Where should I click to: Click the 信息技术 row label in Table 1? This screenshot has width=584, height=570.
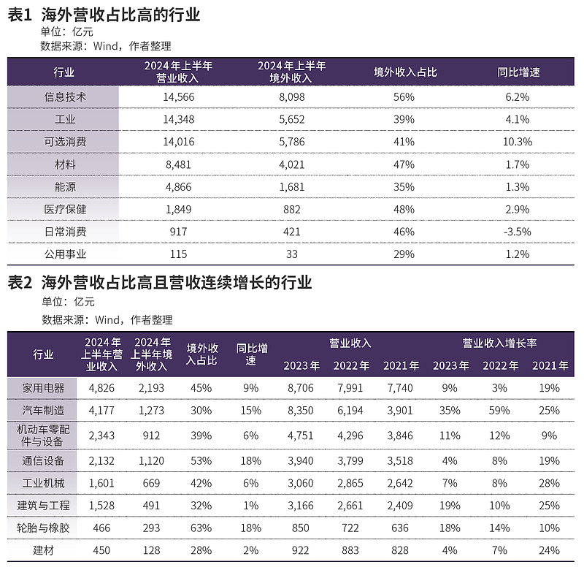point(65,97)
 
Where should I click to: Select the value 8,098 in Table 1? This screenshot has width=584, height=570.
point(291,97)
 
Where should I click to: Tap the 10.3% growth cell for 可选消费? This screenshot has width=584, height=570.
point(518,142)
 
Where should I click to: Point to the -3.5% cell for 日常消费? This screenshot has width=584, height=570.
point(518,232)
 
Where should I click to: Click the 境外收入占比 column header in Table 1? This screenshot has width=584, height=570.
point(405,72)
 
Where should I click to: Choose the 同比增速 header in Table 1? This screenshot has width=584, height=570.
point(518,72)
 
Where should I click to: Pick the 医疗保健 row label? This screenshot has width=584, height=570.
point(65,209)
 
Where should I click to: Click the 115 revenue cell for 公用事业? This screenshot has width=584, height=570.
point(178,254)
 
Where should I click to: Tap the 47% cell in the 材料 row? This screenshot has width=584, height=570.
point(404,164)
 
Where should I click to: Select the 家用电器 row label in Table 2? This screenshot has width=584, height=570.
point(43,388)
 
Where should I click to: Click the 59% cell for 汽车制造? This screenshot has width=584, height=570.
point(499,411)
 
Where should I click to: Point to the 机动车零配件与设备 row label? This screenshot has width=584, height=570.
point(43,436)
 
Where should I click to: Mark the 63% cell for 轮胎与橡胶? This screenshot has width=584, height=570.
point(201,528)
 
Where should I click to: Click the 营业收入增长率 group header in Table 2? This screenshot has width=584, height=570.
point(499,343)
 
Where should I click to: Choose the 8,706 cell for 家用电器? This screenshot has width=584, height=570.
point(301,388)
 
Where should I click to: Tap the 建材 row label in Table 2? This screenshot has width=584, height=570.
point(43,550)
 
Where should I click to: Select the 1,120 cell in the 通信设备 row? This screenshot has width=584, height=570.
point(151,461)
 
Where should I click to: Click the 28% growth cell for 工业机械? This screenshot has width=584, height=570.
point(550,483)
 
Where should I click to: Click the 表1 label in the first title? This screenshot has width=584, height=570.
point(20,15)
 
